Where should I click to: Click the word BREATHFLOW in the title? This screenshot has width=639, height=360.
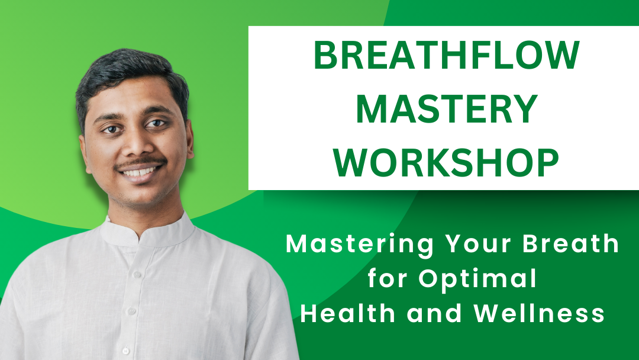click(x=446, y=55)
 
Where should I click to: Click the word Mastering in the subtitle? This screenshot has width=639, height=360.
click(x=359, y=245)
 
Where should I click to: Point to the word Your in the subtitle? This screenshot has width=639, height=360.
click(x=477, y=243)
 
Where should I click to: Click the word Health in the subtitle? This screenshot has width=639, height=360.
click(x=348, y=313)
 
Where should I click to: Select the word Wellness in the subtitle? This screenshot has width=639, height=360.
click(x=539, y=313)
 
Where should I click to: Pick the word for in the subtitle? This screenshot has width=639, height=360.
click(x=388, y=278)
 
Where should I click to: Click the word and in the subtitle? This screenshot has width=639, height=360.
click(x=434, y=313)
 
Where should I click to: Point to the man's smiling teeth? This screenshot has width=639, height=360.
click(x=140, y=172)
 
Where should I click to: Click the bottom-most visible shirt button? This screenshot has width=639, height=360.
click(x=125, y=351)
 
